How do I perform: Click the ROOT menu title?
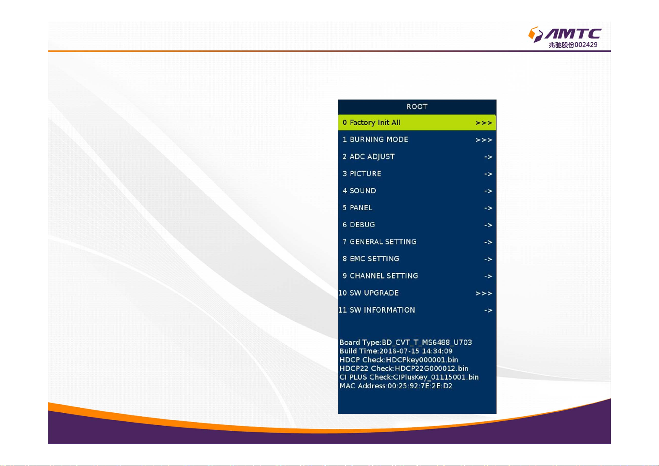click(417, 106)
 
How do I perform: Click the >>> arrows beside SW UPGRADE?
click(484, 293)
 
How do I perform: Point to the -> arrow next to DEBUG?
click(488, 225)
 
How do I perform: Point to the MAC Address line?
click(396, 386)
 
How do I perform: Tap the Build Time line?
click(396, 351)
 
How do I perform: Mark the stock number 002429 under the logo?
click(586, 45)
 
